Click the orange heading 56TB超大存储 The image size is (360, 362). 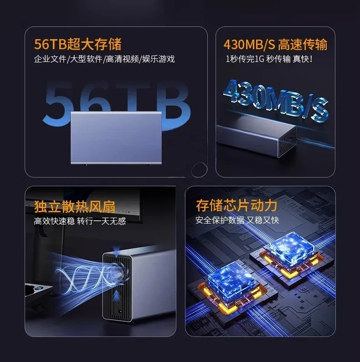[x=78, y=44]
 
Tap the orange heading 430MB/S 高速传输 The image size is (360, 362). [x=275, y=44]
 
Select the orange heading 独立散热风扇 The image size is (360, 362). [x=75, y=206]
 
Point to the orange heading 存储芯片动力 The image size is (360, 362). [x=237, y=205]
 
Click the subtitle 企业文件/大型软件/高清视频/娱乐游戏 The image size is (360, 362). [x=104, y=59]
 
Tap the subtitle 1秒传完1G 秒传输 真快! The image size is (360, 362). [x=269, y=59]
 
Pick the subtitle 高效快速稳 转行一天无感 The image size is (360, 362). [x=80, y=221]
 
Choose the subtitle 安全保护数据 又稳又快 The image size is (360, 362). [x=237, y=220]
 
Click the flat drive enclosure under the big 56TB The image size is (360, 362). [x=116, y=138]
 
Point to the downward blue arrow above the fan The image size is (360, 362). [x=117, y=250]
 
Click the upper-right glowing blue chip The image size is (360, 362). [x=292, y=245]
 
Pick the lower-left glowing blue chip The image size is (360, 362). [x=231, y=280]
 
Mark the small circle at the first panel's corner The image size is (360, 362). [x=199, y=169]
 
